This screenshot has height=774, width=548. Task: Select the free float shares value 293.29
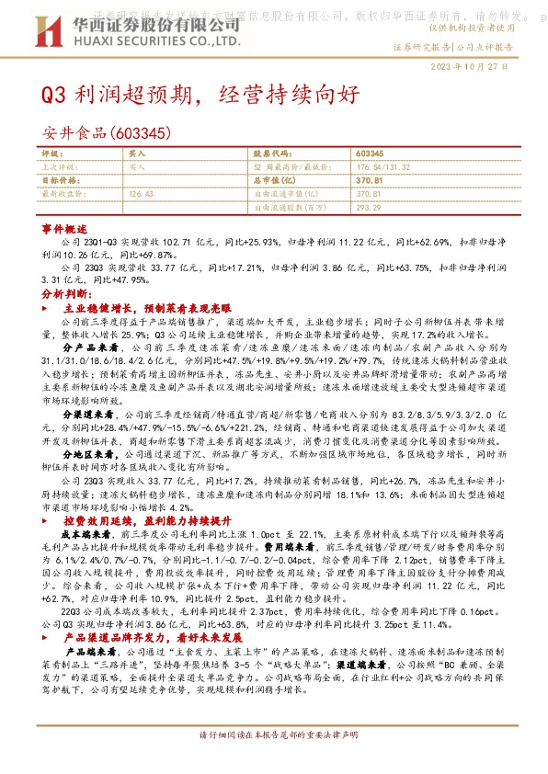[368, 208]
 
